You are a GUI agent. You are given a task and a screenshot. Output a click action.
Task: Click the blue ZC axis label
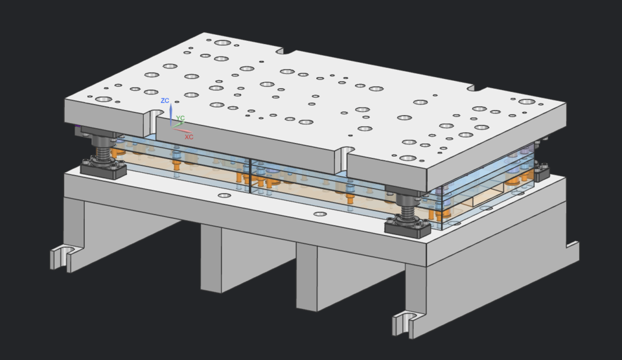click(x=165, y=101)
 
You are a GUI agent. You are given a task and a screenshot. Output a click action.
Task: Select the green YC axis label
click(x=181, y=118)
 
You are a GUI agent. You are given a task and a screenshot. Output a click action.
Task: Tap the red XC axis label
click(x=189, y=137)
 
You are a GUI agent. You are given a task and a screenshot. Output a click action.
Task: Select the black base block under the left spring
click(x=103, y=170)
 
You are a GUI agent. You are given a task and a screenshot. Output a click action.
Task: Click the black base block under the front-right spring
click(x=408, y=227)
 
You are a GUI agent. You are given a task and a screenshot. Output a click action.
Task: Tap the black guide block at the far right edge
click(x=542, y=174)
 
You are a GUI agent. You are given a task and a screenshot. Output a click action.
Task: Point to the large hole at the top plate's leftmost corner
click(x=104, y=100)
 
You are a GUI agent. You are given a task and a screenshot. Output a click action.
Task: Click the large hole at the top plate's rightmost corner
click(x=527, y=102)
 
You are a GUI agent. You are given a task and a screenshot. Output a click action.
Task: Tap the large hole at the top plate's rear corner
click(x=223, y=43)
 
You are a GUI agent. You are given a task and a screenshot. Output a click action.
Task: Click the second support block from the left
click(x=222, y=259)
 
